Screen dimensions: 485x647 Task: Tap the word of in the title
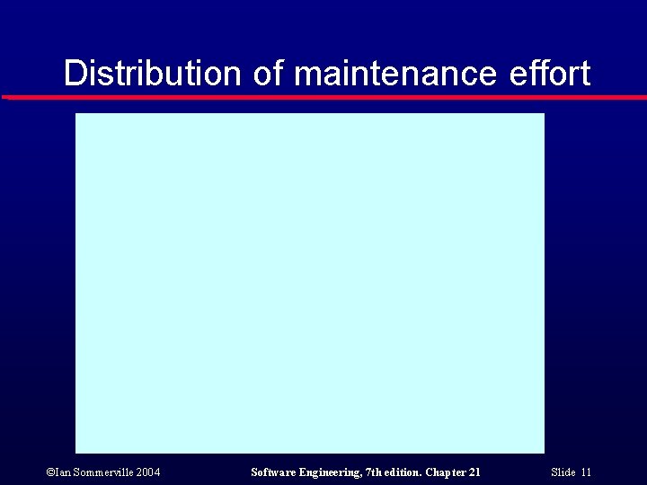[268, 74]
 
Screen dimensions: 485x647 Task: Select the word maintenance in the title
[394, 74]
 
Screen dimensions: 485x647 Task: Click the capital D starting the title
[74, 74]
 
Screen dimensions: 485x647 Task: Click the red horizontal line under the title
[323, 97]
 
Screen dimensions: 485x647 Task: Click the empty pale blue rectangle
[309, 283]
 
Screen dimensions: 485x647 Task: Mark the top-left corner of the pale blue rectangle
[76, 114]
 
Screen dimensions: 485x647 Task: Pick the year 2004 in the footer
[148, 472]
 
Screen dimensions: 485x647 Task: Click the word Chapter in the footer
[446, 472]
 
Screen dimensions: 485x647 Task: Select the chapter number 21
[474, 472]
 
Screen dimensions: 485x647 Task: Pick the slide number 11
[586, 472]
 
